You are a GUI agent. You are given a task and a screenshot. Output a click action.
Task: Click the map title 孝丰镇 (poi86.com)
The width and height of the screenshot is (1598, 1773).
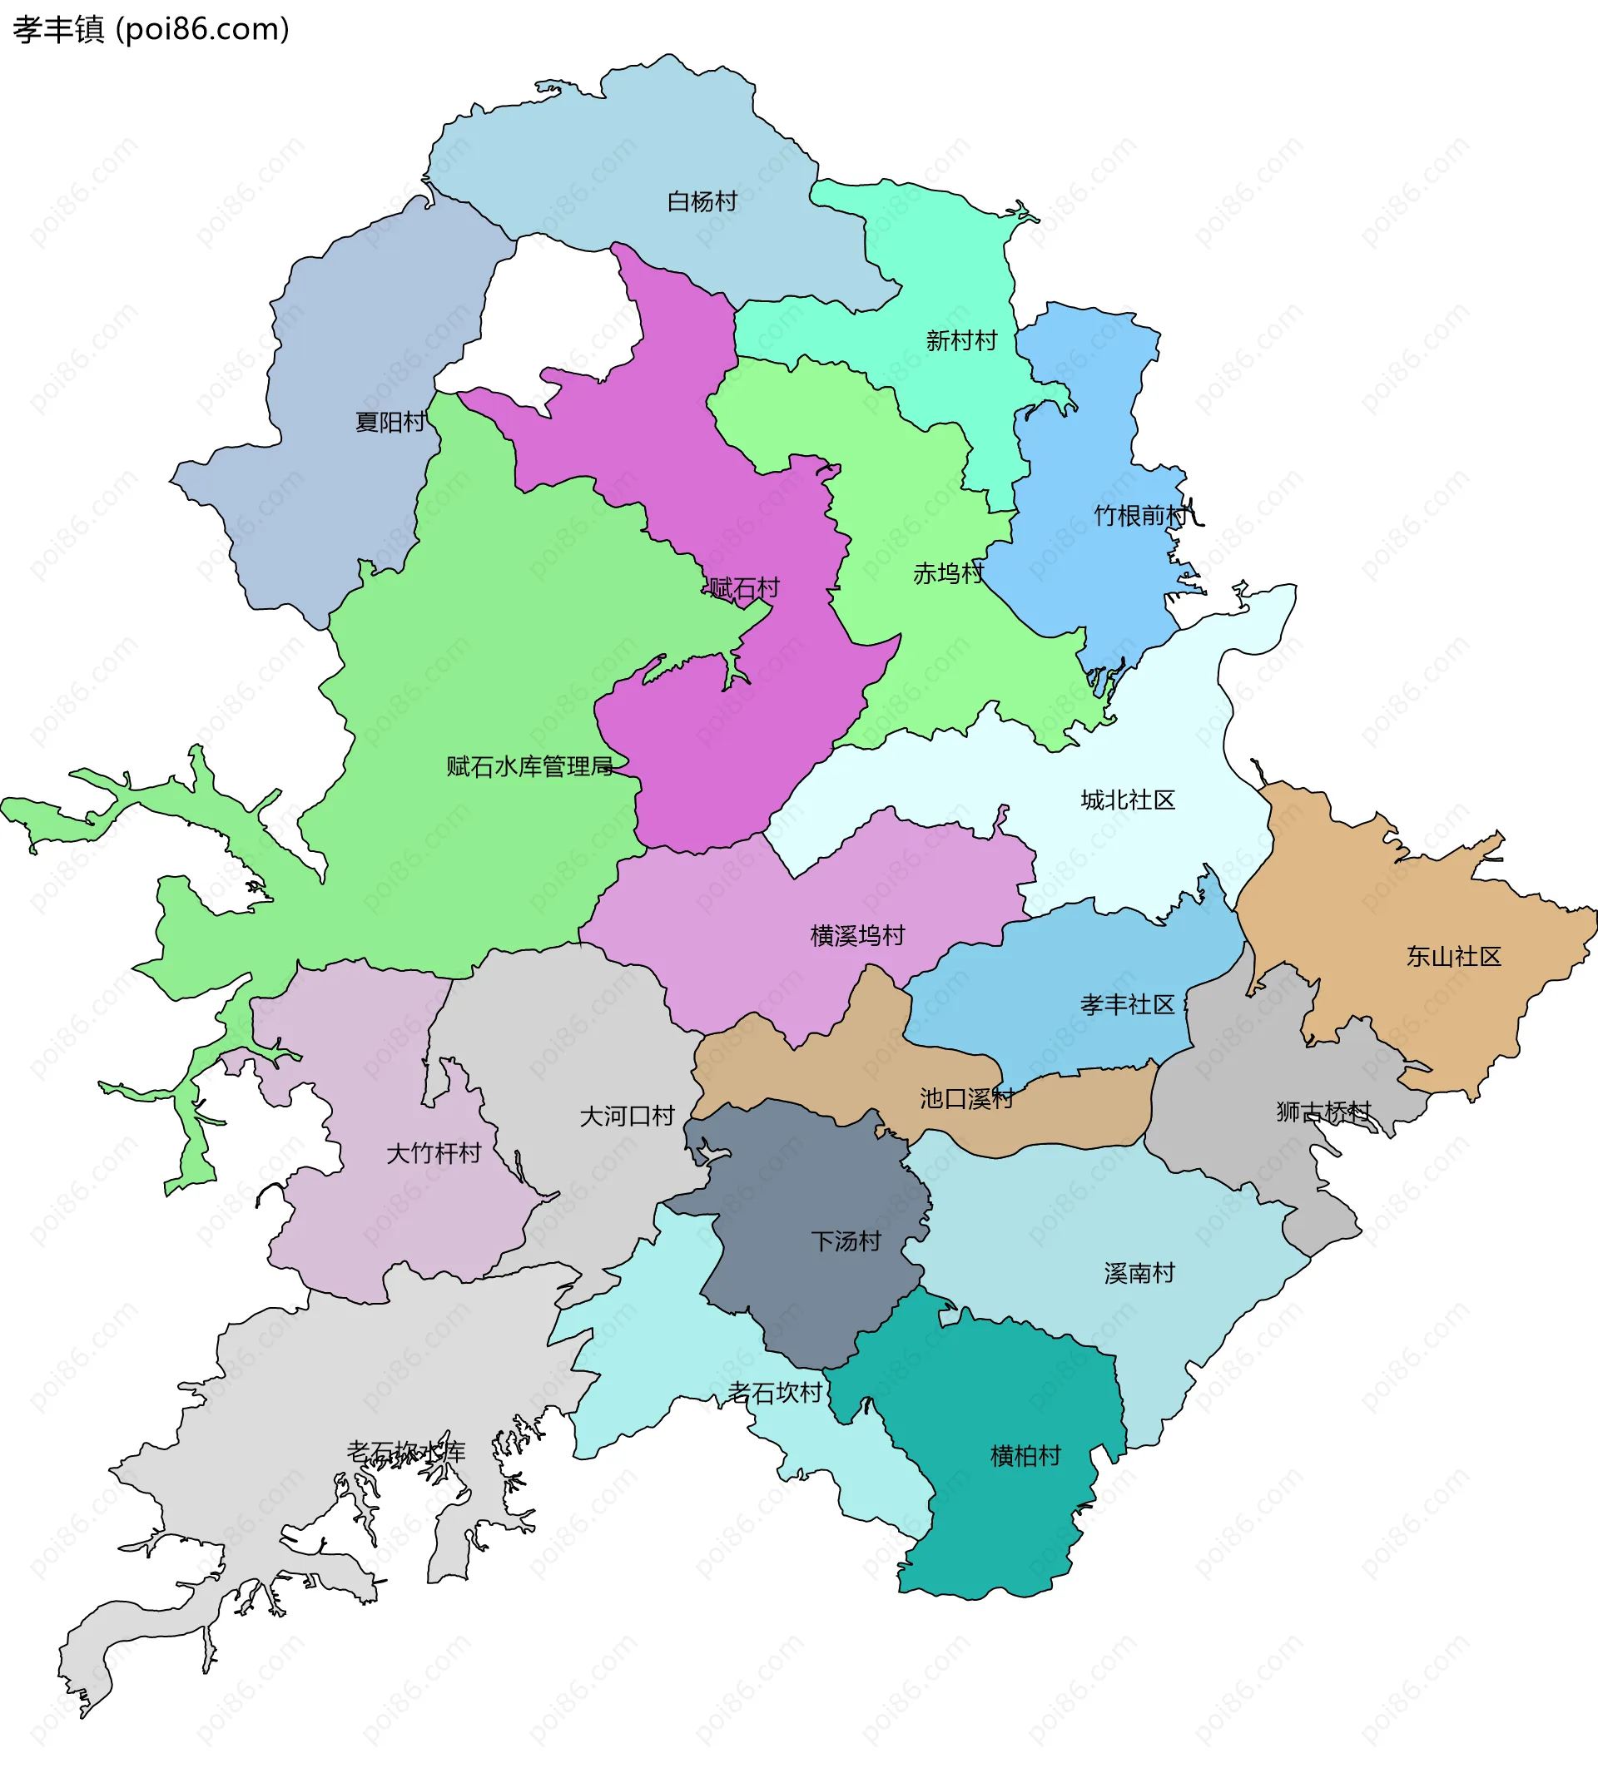click(x=151, y=29)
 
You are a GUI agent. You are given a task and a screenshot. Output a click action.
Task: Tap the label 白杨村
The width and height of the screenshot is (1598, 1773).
click(x=702, y=202)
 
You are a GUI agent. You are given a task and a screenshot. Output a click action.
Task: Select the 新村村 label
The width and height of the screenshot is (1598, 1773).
click(x=961, y=340)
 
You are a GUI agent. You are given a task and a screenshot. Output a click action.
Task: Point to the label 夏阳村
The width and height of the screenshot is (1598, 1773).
click(x=390, y=422)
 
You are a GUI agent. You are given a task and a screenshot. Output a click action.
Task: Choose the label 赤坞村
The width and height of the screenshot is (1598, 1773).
click(x=948, y=574)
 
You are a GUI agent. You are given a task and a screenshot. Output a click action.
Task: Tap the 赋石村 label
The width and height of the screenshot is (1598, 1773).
click(x=744, y=588)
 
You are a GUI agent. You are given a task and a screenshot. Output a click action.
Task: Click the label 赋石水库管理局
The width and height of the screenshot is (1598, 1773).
click(x=529, y=767)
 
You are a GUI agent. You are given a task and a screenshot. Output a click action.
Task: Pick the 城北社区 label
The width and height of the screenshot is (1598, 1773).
click(x=1128, y=800)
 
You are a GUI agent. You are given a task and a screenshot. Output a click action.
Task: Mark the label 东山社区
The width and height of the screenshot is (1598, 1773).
click(x=1454, y=957)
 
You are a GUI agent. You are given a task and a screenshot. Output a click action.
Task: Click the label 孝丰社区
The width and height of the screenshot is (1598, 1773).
click(x=1128, y=1005)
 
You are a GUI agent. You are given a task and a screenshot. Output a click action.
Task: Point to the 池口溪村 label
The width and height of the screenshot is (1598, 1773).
click(x=966, y=1099)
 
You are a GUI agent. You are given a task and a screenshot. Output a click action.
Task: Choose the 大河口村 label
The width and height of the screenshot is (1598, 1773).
click(x=627, y=1117)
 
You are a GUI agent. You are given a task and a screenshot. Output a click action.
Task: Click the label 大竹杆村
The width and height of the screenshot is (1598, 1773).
click(x=434, y=1153)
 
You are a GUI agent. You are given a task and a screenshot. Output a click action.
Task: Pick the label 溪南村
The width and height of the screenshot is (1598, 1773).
click(x=1139, y=1274)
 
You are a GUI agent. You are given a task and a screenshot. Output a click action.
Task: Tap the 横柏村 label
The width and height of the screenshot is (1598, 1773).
click(x=1025, y=1456)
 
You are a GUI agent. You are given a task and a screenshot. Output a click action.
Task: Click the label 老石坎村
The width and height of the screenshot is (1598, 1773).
click(x=774, y=1393)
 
